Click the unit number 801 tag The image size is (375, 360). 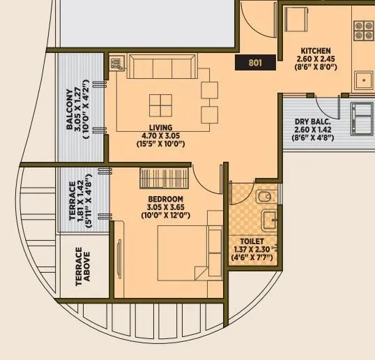click(x=254, y=63)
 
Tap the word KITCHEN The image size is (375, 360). click(x=316, y=51)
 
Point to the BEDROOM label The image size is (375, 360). click(x=165, y=198)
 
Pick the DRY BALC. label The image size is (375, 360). click(x=312, y=121)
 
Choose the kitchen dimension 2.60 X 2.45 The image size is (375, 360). click(x=316, y=59)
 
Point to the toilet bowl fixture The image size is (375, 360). click(x=264, y=197)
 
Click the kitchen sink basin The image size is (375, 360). click(x=365, y=79)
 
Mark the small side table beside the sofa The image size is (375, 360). click(x=116, y=64)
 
